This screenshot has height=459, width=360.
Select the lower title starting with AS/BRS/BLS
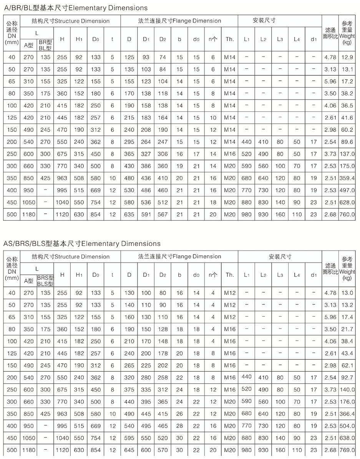point(82,243)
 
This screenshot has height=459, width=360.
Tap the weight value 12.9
point(347,57)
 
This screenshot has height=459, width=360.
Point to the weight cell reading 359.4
point(347,178)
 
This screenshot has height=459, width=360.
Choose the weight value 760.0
point(347,214)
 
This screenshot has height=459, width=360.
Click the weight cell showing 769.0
point(347,450)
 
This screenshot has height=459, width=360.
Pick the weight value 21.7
point(347,329)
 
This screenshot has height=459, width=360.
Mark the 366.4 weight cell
point(347,414)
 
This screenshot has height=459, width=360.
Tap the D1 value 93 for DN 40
point(146,57)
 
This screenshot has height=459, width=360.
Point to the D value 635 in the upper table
point(129,214)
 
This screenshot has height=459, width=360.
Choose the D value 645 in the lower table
point(129,450)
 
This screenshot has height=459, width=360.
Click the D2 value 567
point(163,214)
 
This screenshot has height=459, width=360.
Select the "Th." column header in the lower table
point(229,275)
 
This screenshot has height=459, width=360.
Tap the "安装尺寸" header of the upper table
point(264,20)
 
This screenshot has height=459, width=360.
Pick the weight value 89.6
point(347,142)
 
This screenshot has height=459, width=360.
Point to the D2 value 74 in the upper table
point(163,57)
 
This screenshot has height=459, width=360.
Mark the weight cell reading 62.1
point(347,365)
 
